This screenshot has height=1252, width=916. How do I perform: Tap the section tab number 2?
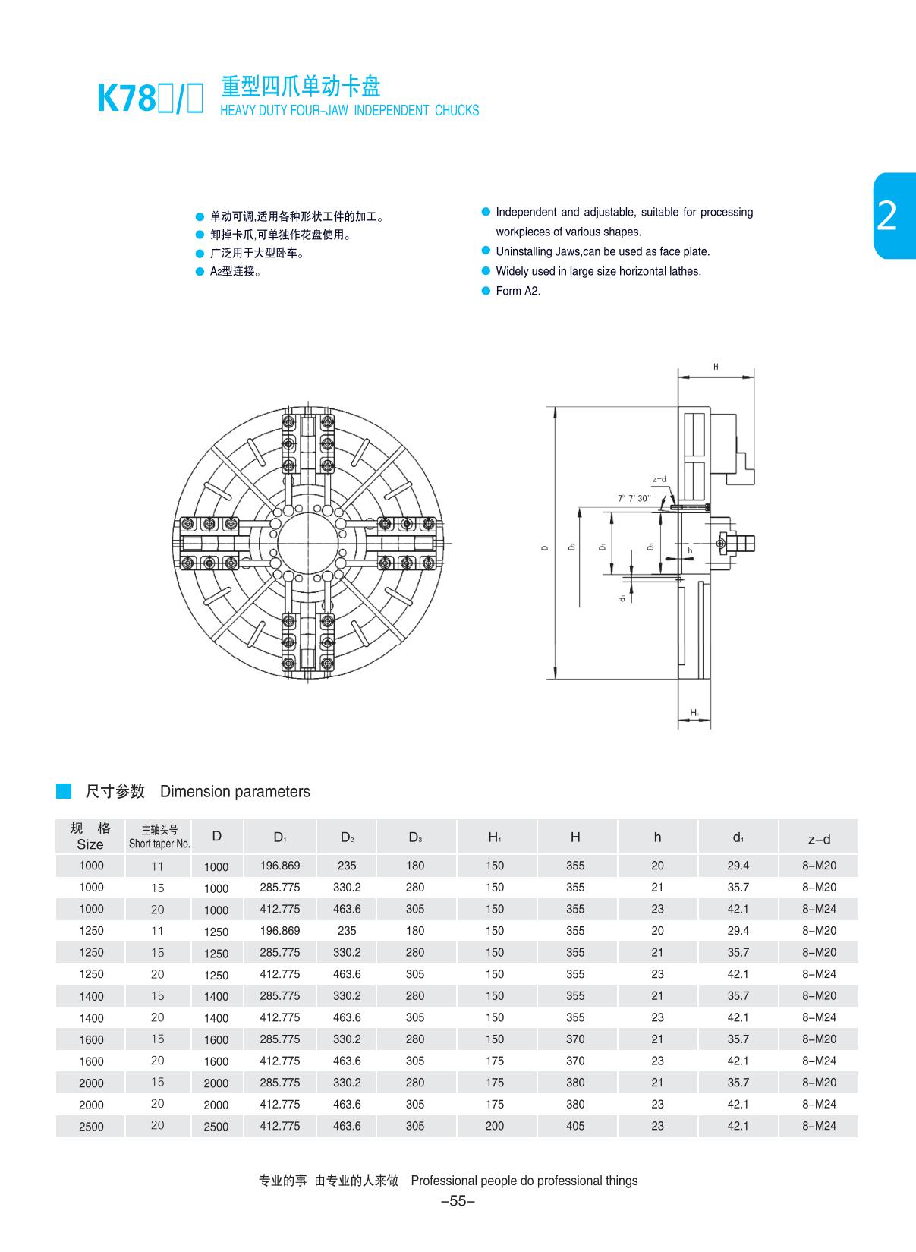(x=886, y=216)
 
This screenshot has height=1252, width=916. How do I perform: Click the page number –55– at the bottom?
(x=458, y=1201)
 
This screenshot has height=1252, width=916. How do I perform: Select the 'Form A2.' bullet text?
(x=518, y=291)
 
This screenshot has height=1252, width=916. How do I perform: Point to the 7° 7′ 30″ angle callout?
(x=634, y=498)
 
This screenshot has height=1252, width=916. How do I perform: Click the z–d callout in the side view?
(x=659, y=480)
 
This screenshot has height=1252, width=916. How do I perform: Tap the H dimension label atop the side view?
(x=715, y=367)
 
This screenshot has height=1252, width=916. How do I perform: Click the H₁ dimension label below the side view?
(x=694, y=712)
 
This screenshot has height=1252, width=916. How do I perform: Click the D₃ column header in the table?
(x=415, y=837)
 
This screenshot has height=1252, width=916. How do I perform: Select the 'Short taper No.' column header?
(x=159, y=844)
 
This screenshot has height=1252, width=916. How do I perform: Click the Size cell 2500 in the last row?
(x=91, y=1127)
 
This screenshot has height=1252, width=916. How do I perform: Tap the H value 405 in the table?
(x=575, y=1126)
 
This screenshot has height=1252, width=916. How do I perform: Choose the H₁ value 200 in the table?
(x=495, y=1126)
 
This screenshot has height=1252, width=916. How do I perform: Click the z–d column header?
(x=819, y=839)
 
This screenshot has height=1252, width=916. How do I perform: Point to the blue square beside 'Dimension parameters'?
(x=64, y=791)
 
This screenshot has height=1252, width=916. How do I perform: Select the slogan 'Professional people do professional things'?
(x=524, y=1181)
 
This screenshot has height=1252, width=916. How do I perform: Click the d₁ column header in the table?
(x=738, y=837)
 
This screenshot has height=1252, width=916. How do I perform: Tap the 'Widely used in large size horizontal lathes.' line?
(x=598, y=271)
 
